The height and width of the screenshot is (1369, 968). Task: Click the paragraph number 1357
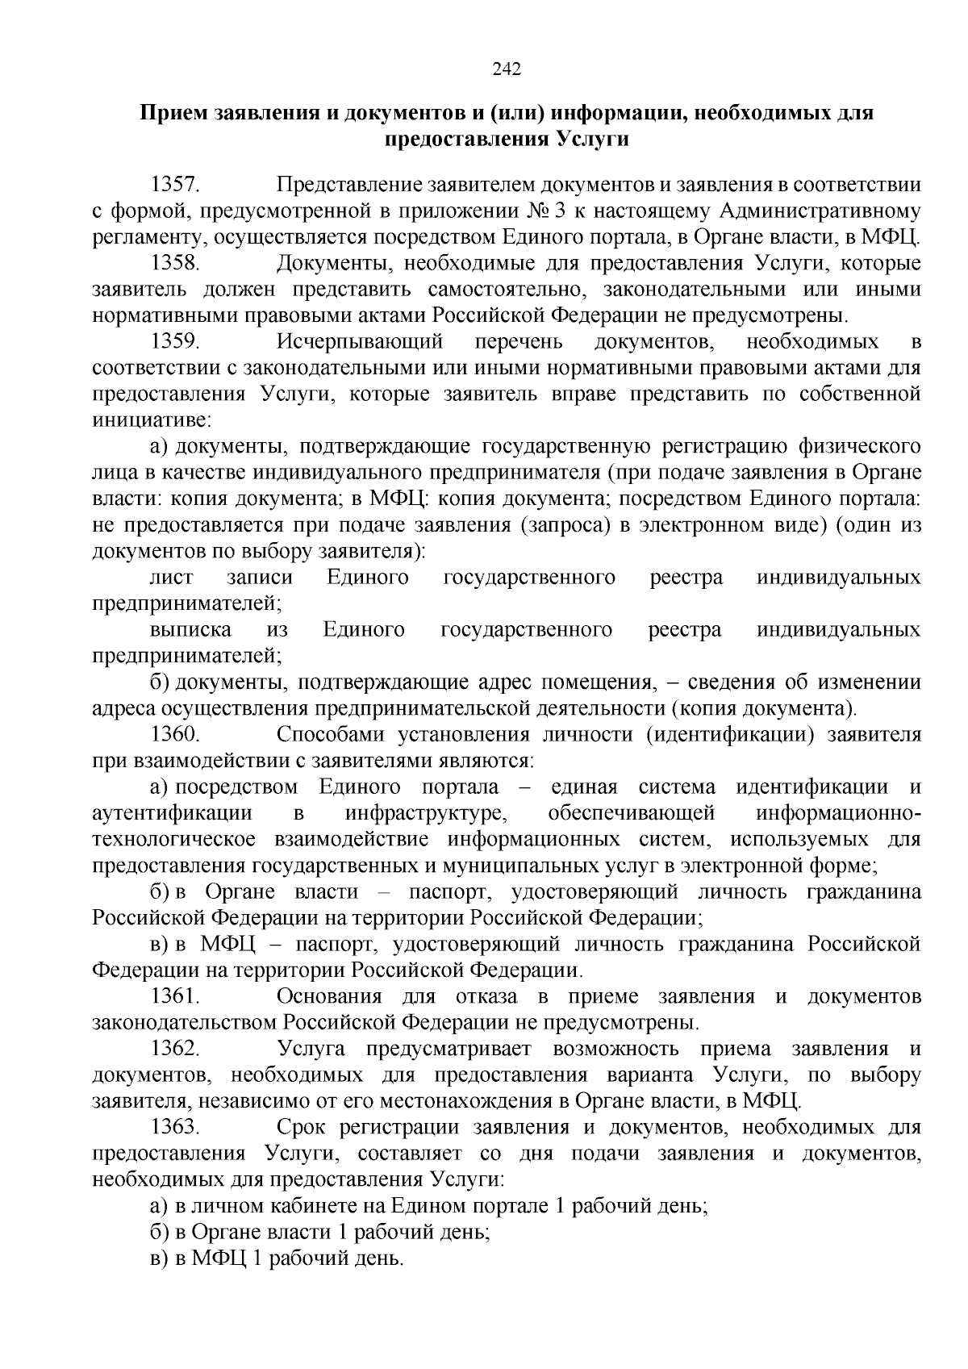click(x=176, y=185)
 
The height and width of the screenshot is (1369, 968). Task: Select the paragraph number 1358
click(x=176, y=263)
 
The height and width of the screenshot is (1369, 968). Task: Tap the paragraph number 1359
click(x=176, y=341)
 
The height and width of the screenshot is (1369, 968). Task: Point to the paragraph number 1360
click(x=176, y=734)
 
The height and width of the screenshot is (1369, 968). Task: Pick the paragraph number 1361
click(x=176, y=996)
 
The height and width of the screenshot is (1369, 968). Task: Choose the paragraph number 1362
click(x=176, y=1049)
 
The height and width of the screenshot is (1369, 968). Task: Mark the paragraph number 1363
click(x=176, y=1127)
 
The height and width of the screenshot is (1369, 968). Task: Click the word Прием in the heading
click(x=177, y=113)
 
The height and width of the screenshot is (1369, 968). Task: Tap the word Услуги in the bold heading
click(x=590, y=140)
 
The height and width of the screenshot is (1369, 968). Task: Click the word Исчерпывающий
click(x=361, y=341)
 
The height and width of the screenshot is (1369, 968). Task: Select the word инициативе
click(x=151, y=420)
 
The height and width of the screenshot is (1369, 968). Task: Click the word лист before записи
click(x=172, y=578)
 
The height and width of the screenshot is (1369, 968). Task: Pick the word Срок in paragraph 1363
click(x=299, y=1127)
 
